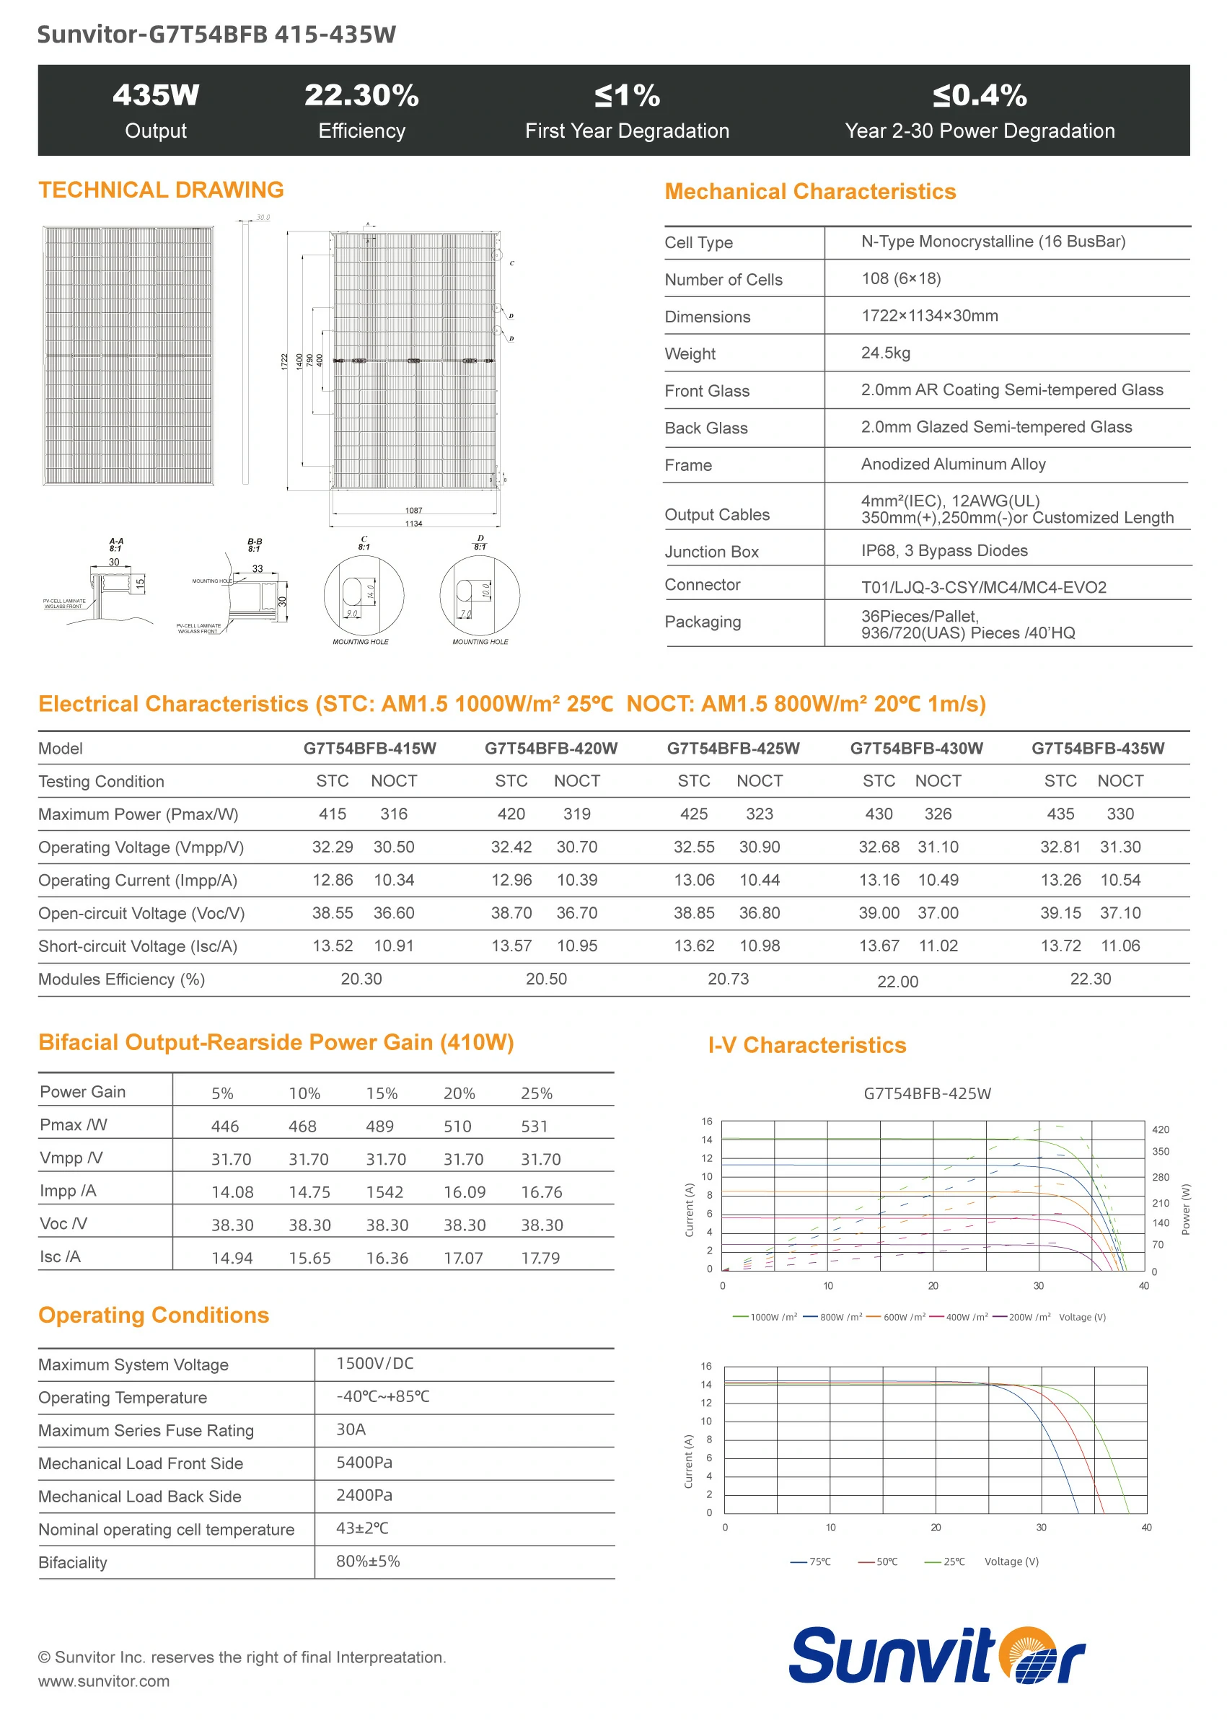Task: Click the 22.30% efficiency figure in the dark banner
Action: (x=361, y=96)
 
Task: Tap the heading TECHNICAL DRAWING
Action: (x=161, y=190)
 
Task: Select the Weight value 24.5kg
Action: (x=886, y=353)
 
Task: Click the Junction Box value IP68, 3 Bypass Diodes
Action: (x=944, y=551)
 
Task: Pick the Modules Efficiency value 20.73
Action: (x=728, y=979)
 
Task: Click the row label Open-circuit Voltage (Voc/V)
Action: (x=141, y=913)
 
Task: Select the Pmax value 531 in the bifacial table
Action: (x=535, y=1127)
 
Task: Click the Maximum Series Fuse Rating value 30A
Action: (x=351, y=1429)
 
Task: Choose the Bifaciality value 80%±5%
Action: (x=368, y=1561)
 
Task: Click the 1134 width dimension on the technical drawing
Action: (x=413, y=524)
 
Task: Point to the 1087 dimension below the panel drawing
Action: (x=413, y=511)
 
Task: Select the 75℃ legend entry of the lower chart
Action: (x=811, y=1561)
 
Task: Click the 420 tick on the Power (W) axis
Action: (x=1160, y=1130)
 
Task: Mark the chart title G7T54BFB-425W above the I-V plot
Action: (x=927, y=1093)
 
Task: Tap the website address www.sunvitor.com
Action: (x=105, y=1680)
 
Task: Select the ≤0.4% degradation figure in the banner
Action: (x=979, y=96)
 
